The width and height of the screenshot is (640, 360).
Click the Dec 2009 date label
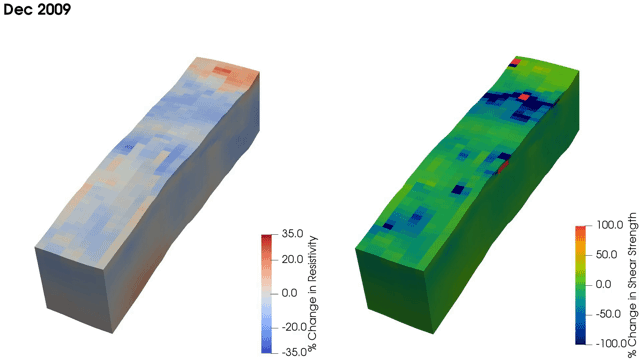tap(37, 9)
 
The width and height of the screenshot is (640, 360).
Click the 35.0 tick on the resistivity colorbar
tap(292, 234)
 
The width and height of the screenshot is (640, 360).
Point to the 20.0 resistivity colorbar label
tap(292, 260)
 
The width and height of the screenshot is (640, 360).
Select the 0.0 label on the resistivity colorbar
tap(289, 293)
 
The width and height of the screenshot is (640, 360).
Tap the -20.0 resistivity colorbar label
tap(294, 327)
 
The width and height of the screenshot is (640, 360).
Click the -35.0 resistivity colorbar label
tap(294, 352)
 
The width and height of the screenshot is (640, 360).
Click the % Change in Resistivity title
tap(313, 293)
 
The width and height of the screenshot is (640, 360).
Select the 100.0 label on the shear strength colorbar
tap(609, 225)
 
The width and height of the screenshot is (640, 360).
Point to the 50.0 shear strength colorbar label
tap(606, 255)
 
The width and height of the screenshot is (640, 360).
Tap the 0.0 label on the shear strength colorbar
tap(603, 284)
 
